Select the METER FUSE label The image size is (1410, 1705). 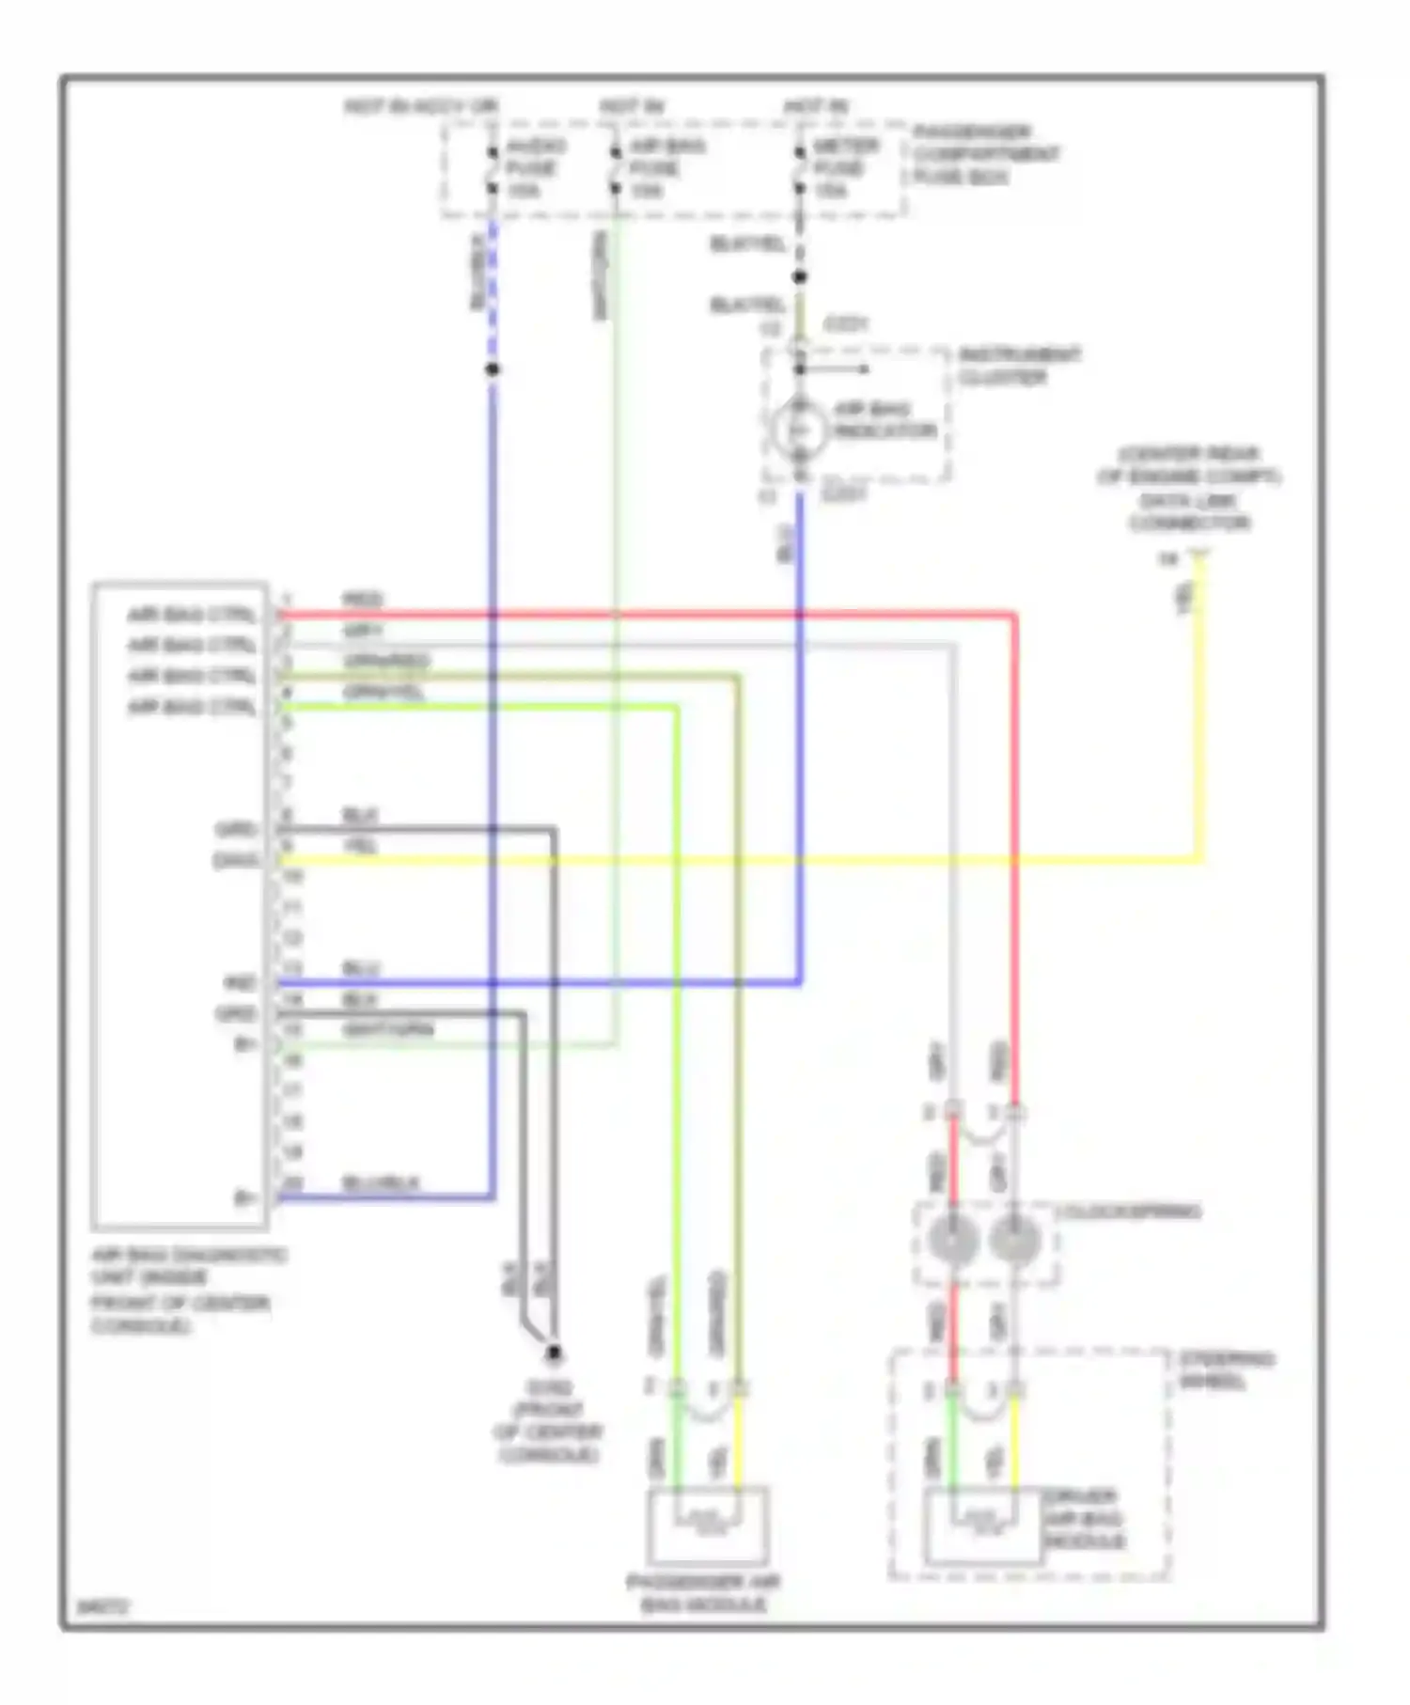843,168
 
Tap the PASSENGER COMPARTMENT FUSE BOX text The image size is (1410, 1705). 984,154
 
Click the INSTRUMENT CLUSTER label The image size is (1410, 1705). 1019,367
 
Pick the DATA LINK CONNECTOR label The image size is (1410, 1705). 1189,512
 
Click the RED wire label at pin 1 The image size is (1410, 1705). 362,601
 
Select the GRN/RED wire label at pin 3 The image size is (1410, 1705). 386,661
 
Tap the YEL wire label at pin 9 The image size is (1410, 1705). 360,846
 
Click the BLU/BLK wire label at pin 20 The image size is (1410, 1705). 381,1182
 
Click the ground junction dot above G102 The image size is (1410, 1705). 555,1353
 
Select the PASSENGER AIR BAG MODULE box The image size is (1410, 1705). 708,1525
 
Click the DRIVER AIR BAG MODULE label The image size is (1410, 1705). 1083,1519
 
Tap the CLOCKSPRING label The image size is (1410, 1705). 1128,1212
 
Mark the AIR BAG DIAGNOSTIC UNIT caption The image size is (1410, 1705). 188,1290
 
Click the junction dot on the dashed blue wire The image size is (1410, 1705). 492,369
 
